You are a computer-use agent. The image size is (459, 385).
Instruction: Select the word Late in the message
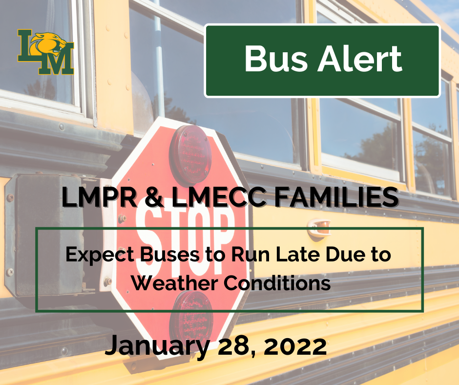(284, 255)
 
